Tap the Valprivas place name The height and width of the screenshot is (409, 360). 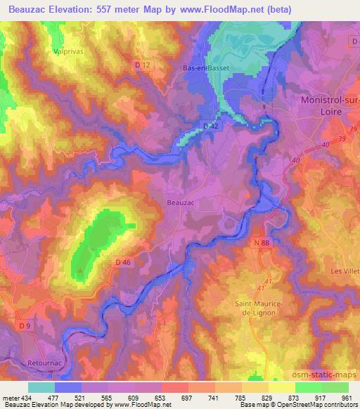[x=68, y=51]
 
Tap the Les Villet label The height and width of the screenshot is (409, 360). [x=345, y=270]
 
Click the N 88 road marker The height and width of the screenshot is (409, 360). [x=261, y=242]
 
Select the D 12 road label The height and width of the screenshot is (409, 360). [x=143, y=65]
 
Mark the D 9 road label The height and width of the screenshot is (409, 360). [x=25, y=325]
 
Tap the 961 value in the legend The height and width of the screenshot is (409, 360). [x=346, y=398]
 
